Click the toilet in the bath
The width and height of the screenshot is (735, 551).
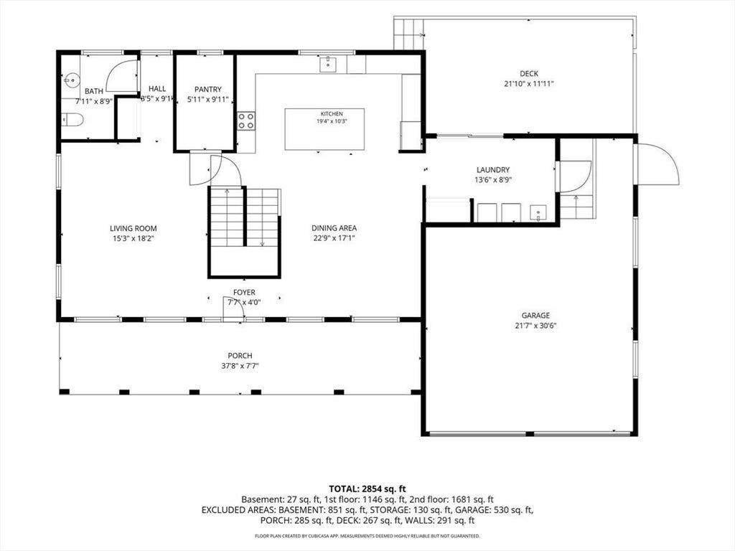72,120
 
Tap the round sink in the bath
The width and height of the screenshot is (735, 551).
71,80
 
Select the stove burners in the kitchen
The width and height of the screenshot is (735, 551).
246,121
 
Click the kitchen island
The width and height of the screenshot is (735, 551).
324,129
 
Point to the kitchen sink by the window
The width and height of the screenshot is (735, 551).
328,64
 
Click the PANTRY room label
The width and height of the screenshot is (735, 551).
207,89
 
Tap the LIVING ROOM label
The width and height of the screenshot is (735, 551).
133,229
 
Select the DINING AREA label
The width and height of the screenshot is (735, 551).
334,228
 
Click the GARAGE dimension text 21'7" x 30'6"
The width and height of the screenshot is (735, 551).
535,326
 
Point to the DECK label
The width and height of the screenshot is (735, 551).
529,74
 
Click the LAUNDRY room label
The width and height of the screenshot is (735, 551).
492,169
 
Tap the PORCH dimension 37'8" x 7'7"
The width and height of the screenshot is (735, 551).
240,366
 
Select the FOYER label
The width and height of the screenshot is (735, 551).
244,293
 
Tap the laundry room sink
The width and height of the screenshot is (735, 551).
538,212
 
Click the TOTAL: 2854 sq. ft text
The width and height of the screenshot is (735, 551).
367,489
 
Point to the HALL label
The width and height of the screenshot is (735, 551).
157,88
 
